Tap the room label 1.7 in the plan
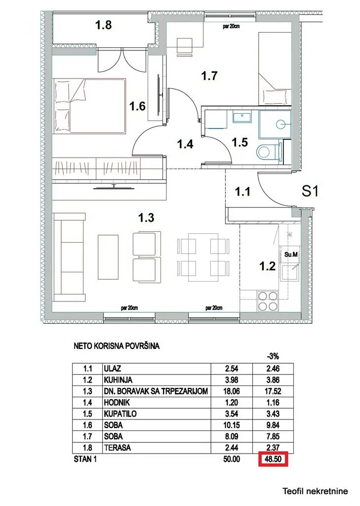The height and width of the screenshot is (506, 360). coord(210,76)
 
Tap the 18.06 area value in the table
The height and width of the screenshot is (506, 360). coord(231,390)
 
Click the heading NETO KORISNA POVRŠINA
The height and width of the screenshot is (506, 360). coord(116,347)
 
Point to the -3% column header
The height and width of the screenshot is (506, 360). coord(273,355)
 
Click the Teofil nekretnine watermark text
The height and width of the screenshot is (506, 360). coord(315,491)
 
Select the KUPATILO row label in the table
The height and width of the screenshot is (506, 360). coord(120,413)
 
